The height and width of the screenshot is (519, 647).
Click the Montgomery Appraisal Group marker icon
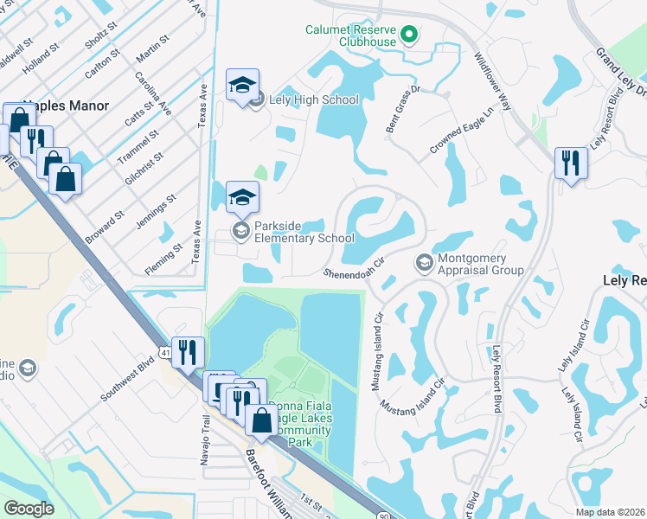point(424,262)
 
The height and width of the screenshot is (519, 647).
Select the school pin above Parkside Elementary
point(242,196)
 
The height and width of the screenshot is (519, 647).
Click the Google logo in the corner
point(29,509)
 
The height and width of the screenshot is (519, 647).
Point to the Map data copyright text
point(610,512)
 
